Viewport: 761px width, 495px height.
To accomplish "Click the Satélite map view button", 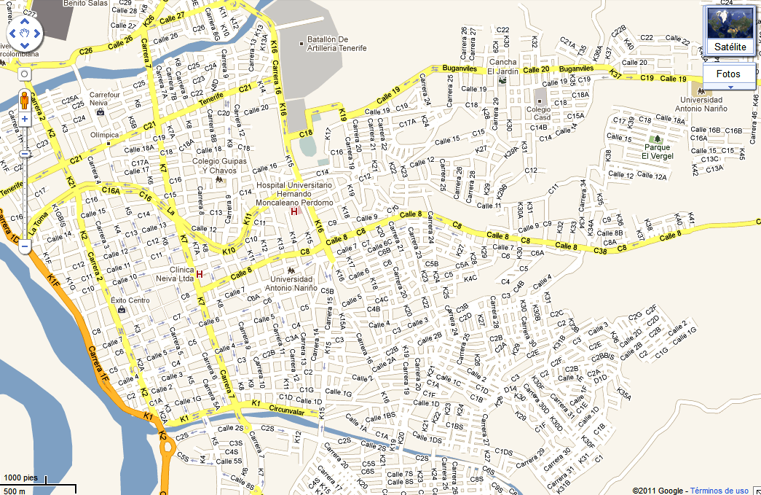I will click(x=730, y=47).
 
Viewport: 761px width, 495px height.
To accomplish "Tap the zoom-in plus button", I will click(x=24, y=118).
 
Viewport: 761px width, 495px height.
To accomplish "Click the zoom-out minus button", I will click(x=24, y=247).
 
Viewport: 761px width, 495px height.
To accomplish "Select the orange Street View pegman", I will click(x=24, y=99).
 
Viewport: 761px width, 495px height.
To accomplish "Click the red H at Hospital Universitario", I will click(x=294, y=212).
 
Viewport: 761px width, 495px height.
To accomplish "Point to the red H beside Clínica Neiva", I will click(x=199, y=275).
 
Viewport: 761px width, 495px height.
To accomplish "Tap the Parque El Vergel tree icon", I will click(x=655, y=139).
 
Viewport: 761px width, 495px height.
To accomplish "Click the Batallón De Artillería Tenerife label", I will click(x=336, y=43).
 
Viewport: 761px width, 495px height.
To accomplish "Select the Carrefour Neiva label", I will click(x=103, y=99).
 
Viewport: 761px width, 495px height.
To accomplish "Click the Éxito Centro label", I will click(x=130, y=300).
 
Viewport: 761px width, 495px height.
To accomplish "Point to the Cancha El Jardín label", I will click(x=502, y=66).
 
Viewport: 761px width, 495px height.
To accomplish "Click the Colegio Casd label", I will click(x=539, y=112).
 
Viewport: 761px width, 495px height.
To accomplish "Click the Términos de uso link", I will click(x=719, y=491).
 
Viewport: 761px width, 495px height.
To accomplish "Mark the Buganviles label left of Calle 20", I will click(x=460, y=68).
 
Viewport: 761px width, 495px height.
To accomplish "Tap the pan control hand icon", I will click(x=24, y=34).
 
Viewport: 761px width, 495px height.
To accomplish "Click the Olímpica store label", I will click(x=103, y=135).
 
